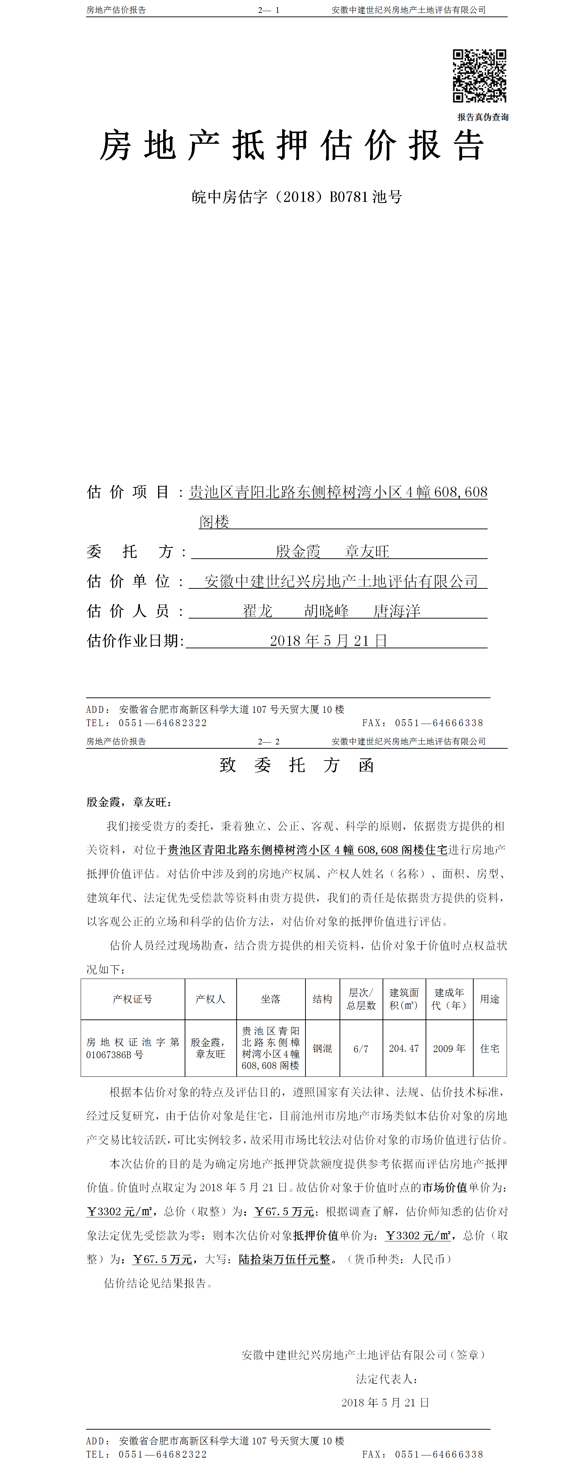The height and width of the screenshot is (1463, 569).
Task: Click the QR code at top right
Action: click(479, 76)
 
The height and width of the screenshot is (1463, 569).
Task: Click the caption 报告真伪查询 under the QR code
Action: click(483, 117)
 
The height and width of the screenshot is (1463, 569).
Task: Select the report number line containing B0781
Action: click(297, 197)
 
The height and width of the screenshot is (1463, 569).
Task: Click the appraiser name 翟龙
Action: click(258, 611)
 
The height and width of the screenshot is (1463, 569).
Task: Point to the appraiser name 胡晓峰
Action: click(327, 611)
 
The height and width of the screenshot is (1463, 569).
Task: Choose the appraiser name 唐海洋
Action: click(397, 611)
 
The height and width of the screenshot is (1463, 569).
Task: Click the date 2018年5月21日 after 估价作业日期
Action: click(328, 641)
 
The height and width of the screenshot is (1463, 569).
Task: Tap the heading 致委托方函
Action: click(297, 766)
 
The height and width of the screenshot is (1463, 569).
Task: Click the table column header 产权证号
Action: click(132, 999)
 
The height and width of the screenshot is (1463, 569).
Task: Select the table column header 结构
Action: click(322, 999)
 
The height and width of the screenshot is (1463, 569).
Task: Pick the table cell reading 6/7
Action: click(361, 1049)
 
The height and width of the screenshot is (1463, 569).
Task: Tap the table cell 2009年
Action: click(449, 1048)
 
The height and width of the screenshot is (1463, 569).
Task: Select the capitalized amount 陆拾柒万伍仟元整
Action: click(285, 1259)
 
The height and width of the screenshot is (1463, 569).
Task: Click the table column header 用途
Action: click(489, 999)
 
